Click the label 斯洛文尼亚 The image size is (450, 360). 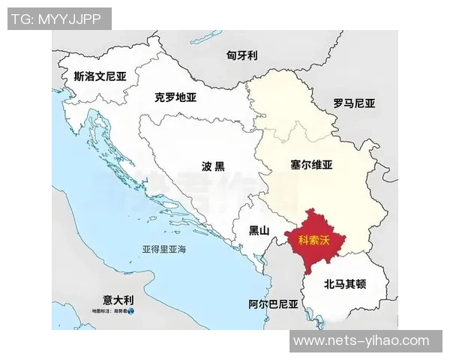click(x=100, y=76)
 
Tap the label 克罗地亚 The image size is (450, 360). click(x=175, y=97)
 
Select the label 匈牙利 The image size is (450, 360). click(x=242, y=55)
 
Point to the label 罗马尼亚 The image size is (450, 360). click(x=354, y=103)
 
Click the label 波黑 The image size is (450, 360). click(x=213, y=166)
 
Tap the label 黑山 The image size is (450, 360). click(x=258, y=230)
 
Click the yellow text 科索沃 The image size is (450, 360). click(x=314, y=241)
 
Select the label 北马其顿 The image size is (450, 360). click(x=345, y=284)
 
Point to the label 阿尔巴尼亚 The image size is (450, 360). click(x=273, y=304)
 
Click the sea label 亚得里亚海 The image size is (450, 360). click(x=164, y=248)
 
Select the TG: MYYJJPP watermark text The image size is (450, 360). click(x=55, y=18)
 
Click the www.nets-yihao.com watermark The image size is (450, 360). click(x=361, y=341)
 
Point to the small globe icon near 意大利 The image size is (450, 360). click(x=131, y=310)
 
